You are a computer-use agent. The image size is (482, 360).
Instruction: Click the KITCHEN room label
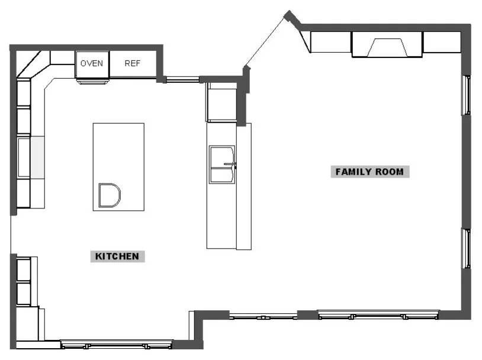[x=117, y=256]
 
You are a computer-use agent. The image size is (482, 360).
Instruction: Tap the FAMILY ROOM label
[x=370, y=172]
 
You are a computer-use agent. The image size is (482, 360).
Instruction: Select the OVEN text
[x=92, y=63]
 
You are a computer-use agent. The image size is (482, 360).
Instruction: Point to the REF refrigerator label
[x=133, y=63]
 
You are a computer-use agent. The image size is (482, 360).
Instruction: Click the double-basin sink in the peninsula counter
[x=222, y=165]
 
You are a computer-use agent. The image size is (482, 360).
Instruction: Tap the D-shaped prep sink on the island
[x=109, y=195]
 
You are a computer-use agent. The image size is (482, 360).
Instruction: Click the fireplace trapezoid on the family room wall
[x=387, y=47]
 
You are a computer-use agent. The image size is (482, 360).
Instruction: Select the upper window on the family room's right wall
[x=467, y=95]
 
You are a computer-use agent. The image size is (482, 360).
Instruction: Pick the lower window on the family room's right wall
[x=467, y=249]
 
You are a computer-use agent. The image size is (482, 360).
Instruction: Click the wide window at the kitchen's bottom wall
[x=117, y=345]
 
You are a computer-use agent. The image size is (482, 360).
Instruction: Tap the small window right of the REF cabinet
[x=182, y=80]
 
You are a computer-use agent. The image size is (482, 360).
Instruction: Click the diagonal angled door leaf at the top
[x=265, y=41]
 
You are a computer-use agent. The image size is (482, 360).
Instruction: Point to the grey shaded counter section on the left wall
[x=37, y=157]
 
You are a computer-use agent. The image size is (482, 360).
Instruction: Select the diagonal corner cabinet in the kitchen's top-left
[x=33, y=64]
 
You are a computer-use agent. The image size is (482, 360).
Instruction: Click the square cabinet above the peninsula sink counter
[x=222, y=105]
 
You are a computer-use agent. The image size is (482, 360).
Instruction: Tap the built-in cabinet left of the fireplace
[x=330, y=42]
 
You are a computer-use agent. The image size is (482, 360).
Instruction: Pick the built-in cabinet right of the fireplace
[x=442, y=42]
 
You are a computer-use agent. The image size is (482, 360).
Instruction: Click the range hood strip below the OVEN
[x=93, y=82]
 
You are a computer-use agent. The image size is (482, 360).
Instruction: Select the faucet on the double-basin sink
[x=230, y=165]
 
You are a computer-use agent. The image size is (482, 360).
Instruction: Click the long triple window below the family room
[x=378, y=315]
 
